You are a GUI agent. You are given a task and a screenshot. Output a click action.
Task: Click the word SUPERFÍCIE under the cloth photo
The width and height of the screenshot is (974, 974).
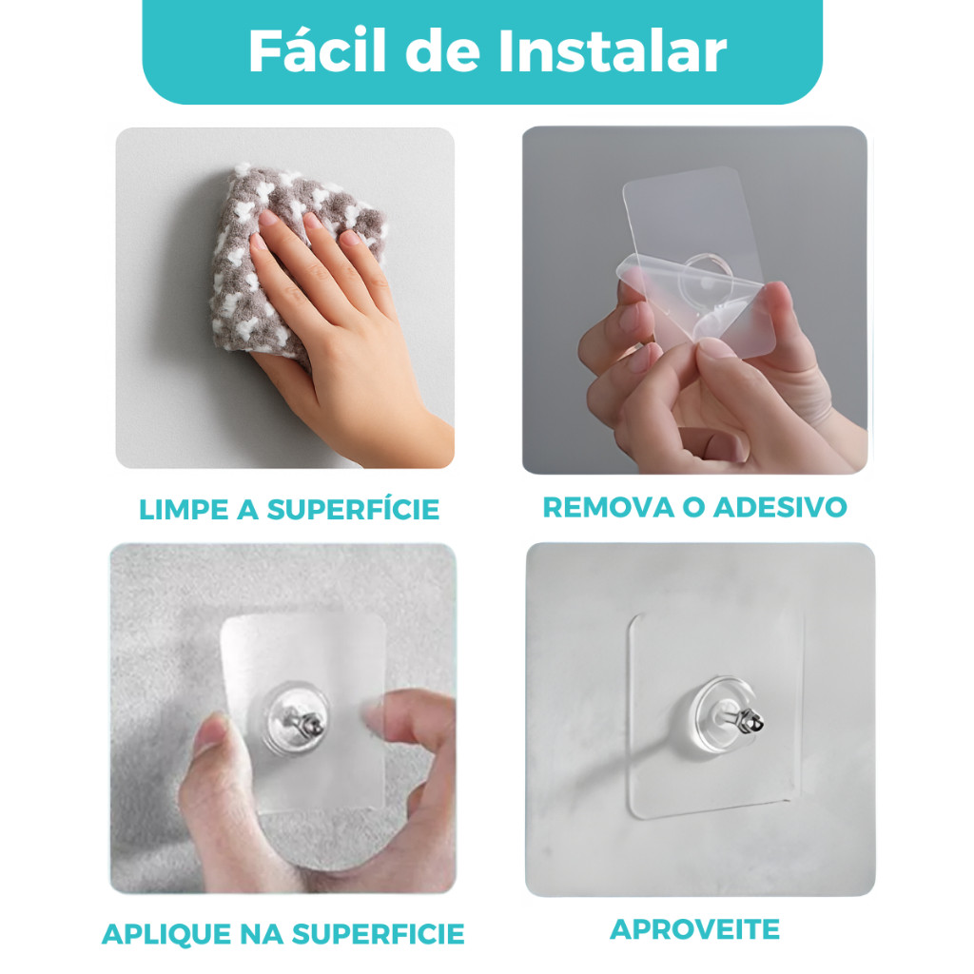pyautogui.click(x=353, y=510)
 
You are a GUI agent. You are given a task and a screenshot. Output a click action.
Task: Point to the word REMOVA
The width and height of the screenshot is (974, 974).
pyautogui.click(x=608, y=508)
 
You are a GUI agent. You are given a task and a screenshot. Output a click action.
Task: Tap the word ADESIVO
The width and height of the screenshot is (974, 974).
pyautogui.click(x=780, y=508)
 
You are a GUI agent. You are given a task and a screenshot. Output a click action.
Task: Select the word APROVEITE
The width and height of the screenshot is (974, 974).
pyautogui.click(x=694, y=929)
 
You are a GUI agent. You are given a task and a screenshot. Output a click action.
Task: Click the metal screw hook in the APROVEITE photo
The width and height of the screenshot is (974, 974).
pyautogui.click(x=746, y=719)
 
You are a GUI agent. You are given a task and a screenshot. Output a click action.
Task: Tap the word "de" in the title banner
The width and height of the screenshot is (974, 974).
pyautogui.click(x=442, y=51)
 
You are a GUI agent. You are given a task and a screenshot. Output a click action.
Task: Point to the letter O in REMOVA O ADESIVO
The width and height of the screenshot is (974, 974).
pyautogui.click(x=693, y=508)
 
